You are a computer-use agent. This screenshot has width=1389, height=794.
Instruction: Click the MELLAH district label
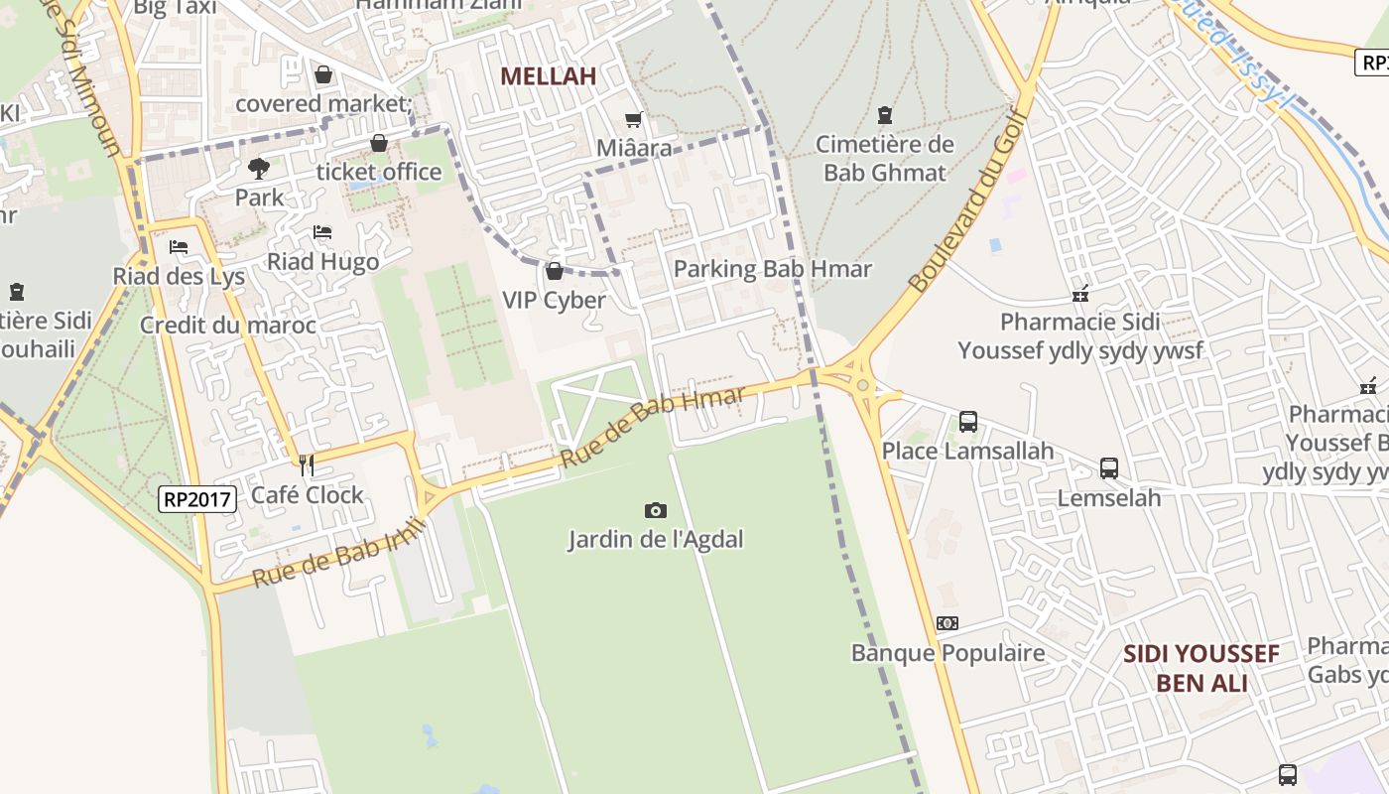pyautogui.click(x=548, y=76)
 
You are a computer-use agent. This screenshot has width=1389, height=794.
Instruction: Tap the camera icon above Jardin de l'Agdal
pyautogui.click(x=655, y=510)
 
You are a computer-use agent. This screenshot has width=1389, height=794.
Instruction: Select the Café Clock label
pyautogui.click(x=308, y=494)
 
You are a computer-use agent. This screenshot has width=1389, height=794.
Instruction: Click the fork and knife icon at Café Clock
pyautogui.click(x=307, y=463)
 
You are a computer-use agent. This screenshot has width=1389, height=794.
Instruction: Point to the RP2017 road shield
pyautogui.click(x=197, y=498)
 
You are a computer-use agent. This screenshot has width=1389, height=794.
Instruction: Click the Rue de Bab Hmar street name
pyautogui.click(x=652, y=428)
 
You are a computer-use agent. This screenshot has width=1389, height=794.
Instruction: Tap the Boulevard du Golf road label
pyautogui.click(x=964, y=199)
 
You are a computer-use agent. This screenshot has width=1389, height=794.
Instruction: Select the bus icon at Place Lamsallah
pyautogui.click(x=968, y=422)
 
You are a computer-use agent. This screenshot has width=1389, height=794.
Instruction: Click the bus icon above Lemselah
pyautogui.click(x=1109, y=467)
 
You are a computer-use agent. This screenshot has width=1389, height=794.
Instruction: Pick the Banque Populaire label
pyautogui.click(x=947, y=653)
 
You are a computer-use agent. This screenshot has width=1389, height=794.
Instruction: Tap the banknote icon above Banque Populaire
pyautogui.click(x=947, y=623)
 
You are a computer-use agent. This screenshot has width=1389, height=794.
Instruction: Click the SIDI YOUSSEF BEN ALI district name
pyautogui.click(x=1200, y=668)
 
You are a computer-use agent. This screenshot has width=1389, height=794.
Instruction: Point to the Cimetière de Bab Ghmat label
pyautogui.click(x=885, y=158)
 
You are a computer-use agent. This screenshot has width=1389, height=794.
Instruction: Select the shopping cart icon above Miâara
pyautogui.click(x=633, y=120)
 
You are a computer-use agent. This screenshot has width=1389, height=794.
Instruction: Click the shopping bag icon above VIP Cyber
pyautogui.click(x=555, y=271)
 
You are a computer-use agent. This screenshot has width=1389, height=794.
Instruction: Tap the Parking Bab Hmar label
pyautogui.click(x=772, y=269)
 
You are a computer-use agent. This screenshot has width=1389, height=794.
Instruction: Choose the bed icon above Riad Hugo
pyautogui.click(x=322, y=232)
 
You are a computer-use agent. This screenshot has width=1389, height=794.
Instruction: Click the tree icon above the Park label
pyautogui.click(x=259, y=168)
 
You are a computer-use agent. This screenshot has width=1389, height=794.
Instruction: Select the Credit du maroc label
pyautogui.click(x=228, y=325)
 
